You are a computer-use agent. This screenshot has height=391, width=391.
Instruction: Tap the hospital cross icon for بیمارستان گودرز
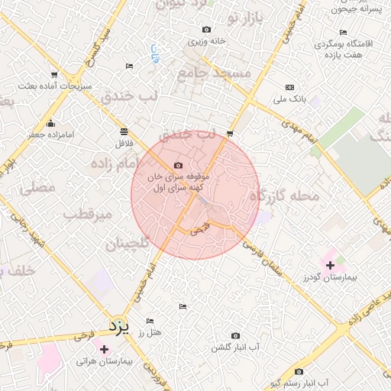(x=330, y=266)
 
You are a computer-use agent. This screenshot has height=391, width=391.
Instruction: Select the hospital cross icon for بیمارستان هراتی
(x=104, y=349)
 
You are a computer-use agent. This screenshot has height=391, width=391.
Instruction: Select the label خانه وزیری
(x=210, y=42)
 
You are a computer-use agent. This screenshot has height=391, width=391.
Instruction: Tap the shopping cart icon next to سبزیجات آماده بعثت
(x=53, y=75)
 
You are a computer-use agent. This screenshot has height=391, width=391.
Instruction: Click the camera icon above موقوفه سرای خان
(x=179, y=166)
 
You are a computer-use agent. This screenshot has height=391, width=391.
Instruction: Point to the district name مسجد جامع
(x=214, y=73)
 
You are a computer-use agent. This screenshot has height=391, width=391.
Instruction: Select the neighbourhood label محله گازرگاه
(x=293, y=197)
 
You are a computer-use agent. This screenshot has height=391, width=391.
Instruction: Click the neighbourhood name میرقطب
(x=109, y=215)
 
